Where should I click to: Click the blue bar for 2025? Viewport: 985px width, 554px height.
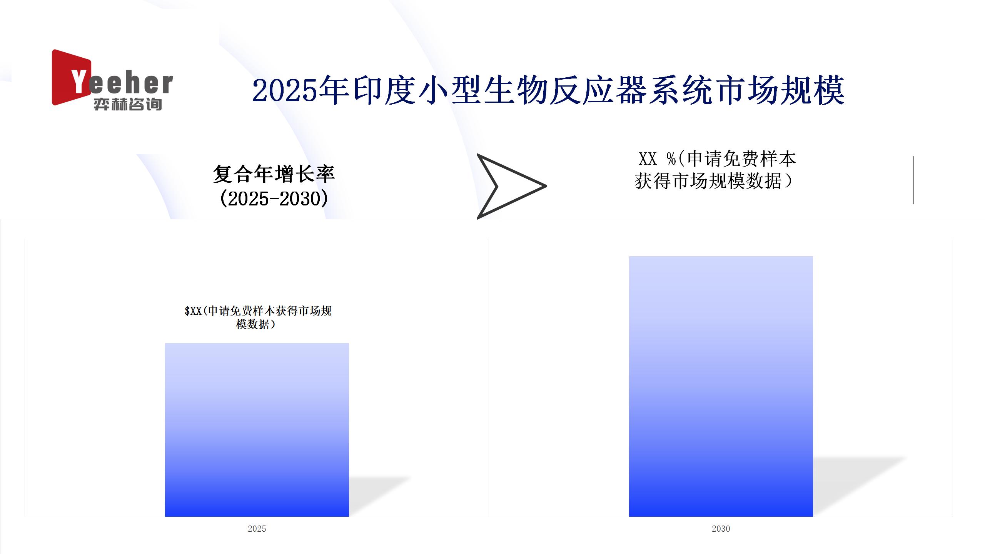pyautogui.click(x=257, y=430)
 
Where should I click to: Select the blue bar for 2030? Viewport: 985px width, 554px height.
pyautogui.click(x=721, y=386)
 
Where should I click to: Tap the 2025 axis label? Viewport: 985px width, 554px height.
pyautogui.click(x=257, y=529)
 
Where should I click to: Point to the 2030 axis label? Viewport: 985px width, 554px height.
pyautogui.click(x=721, y=529)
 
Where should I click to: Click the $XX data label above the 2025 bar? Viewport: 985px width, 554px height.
pyautogui.click(x=258, y=317)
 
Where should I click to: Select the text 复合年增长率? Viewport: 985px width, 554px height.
pyautogui.click(x=274, y=174)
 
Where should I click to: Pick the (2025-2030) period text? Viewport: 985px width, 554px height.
pyautogui.click(x=274, y=199)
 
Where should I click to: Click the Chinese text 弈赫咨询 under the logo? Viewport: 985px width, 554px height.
pyautogui.click(x=127, y=104)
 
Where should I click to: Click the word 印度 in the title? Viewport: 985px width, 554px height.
pyautogui.click(x=385, y=91)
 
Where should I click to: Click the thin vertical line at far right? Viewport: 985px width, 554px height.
pyautogui.click(x=913, y=180)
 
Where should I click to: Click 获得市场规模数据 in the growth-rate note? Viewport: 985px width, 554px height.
pyautogui.click(x=708, y=181)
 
